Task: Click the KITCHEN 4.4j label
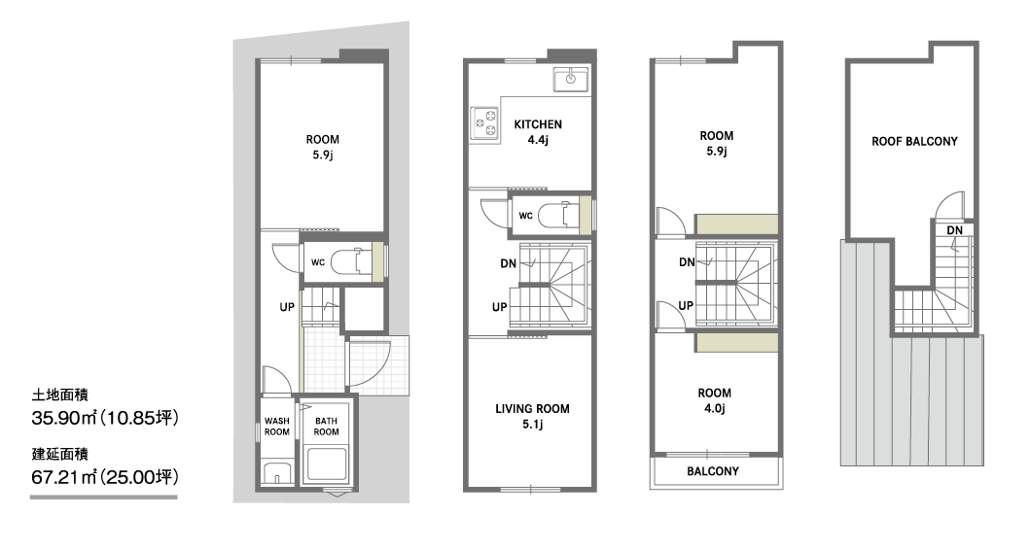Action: tap(537, 132)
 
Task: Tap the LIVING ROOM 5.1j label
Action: tap(532, 417)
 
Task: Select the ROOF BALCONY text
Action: tap(914, 141)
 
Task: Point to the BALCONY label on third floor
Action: tap(713, 471)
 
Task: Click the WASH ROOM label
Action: tap(276, 427)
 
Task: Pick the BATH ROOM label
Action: tap(326, 427)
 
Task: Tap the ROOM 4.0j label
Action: tap(714, 400)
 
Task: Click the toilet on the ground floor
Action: tap(349, 262)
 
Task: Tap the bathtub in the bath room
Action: tap(327, 465)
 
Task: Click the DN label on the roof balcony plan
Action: tap(954, 230)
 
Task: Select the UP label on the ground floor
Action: tap(287, 307)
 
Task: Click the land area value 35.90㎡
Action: tap(64, 417)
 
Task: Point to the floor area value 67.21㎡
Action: tap(64, 476)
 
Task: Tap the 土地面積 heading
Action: tap(59, 395)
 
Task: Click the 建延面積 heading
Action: tap(59, 454)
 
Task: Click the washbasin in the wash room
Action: tap(276, 473)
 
